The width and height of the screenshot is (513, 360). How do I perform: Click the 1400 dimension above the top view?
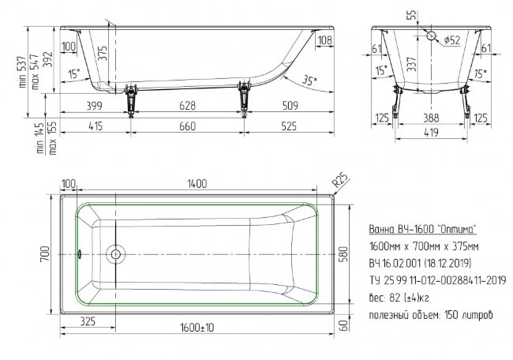[197, 184]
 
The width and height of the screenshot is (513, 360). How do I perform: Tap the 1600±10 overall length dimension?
[197, 328]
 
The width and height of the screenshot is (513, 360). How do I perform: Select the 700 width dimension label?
[45, 253]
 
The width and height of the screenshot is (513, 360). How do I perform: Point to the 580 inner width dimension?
[343, 254]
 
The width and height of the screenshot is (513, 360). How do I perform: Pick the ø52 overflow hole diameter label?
[451, 40]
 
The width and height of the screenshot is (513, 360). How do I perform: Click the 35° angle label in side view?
[309, 80]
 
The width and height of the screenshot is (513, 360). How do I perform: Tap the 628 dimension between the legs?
[188, 105]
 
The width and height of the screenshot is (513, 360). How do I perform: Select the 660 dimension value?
[188, 126]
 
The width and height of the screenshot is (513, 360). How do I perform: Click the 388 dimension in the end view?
[431, 118]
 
